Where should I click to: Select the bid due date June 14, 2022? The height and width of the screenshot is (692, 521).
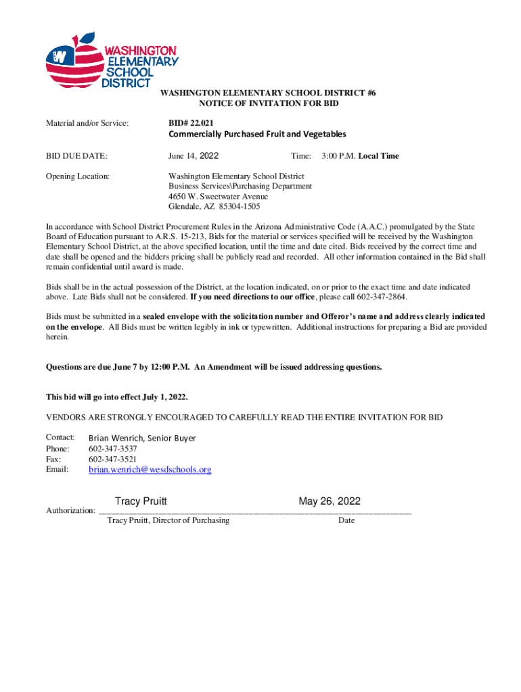click(x=194, y=156)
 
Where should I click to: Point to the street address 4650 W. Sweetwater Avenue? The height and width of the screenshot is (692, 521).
click(x=218, y=197)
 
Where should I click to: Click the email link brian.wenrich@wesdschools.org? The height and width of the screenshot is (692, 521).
click(x=150, y=470)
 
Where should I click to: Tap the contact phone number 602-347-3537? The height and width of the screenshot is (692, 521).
click(x=113, y=449)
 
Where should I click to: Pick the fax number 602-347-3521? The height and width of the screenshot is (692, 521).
click(x=113, y=459)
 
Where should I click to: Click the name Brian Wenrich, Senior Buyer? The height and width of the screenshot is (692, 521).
click(x=142, y=438)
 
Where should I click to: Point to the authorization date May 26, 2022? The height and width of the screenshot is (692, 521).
click(x=330, y=501)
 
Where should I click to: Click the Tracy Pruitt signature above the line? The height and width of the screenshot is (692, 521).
click(x=141, y=501)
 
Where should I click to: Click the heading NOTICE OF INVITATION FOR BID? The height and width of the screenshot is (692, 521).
click(x=268, y=103)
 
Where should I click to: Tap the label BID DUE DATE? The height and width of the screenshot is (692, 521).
click(x=76, y=156)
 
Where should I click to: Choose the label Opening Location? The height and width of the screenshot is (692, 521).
click(x=78, y=176)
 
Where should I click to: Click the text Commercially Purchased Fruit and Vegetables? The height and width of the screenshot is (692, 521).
click(x=257, y=134)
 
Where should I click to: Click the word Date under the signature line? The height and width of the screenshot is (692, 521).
click(x=346, y=520)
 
